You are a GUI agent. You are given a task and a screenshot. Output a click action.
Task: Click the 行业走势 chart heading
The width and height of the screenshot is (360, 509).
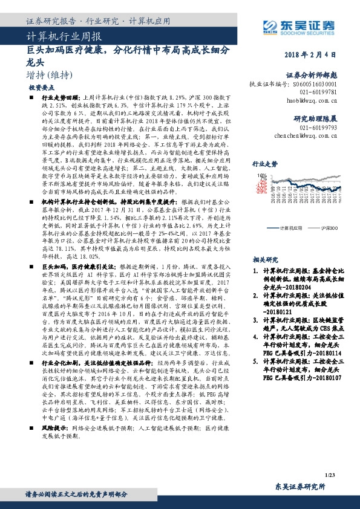[264, 164]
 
